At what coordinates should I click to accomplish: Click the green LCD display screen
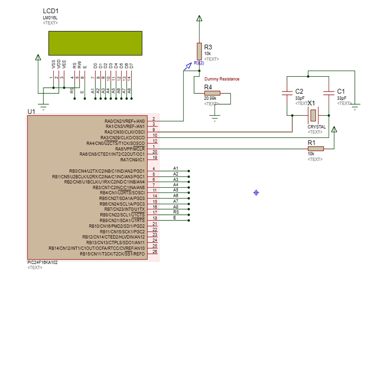[x=95, y=43]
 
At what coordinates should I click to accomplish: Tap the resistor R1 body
[x=316, y=149]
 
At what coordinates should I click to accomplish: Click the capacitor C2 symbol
[x=287, y=93]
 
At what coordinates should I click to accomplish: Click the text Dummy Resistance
[x=222, y=79]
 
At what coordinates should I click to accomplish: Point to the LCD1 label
[x=50, y=11]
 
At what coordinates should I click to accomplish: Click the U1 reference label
[x=31, y=112]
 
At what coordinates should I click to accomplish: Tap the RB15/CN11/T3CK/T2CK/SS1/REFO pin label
[x=112, y=254]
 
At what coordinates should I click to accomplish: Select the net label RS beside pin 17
[x=176, y=212]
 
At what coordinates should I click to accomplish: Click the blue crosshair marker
[x=256, y=192]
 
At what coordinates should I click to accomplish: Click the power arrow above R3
[x=199, y=19]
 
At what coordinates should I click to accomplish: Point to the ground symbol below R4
[x=215, y=117]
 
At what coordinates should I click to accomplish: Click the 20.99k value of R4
[x=210, y=99]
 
